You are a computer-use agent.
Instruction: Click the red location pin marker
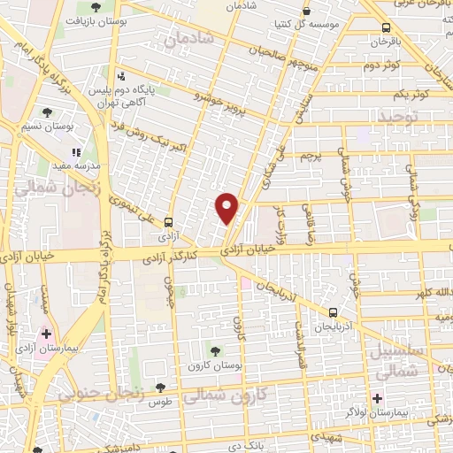point(227,207)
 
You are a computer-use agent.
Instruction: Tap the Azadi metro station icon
point(168,224)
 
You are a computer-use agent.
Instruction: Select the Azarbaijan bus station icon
point(333,312)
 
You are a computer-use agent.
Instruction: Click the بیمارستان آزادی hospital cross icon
point(47,334)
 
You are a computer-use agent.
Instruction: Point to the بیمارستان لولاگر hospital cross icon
point(378,399)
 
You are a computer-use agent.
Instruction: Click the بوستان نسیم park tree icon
point(47,112)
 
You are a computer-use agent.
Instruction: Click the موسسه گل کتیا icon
point(306,12)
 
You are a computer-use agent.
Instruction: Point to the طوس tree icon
point(160,387)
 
